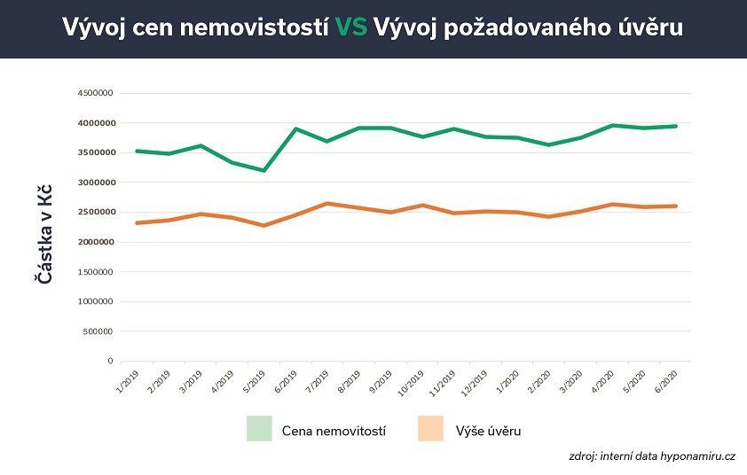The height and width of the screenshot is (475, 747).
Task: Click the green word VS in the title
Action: point(352,28)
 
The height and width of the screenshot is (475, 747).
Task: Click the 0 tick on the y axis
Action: point(110,362)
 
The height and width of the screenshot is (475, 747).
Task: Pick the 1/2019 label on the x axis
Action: point(128,380)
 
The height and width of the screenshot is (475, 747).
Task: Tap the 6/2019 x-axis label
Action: point(286,380)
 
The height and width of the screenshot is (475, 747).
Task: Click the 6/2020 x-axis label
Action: point(665,380)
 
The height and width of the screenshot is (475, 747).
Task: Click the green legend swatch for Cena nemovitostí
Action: point(259,429)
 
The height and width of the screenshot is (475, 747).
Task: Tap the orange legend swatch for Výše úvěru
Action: point(430,429)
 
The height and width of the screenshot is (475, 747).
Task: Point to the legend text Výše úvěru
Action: point(487,430)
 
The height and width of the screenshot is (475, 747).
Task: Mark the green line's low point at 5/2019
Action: point(263,170)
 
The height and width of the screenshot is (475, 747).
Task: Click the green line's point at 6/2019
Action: point(295,128)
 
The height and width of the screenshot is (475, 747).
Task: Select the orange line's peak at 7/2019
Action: point(327,203)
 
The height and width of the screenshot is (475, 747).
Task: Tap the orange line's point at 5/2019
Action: point(263,225)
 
